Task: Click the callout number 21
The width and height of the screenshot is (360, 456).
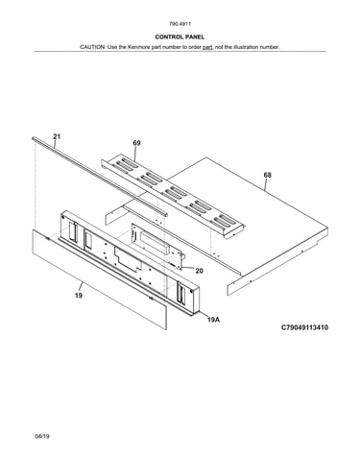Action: [x=57, y=136]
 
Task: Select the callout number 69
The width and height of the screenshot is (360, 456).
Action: [x=136, y=143]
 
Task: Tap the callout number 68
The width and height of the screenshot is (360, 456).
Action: [x=267, y=175]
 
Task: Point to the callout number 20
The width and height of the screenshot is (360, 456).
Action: [x=199, y=271]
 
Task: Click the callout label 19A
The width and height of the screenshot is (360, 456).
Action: [x=213, y=319]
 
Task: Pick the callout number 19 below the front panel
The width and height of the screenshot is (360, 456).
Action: [x=79, y=295]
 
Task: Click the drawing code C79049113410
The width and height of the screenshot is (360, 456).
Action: [x=304, y=327]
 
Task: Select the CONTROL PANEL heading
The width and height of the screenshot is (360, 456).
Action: [x=180, y=37]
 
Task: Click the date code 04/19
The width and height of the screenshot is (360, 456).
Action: [x=42, y=436]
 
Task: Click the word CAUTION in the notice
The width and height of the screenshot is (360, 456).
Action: [x=92, y=47]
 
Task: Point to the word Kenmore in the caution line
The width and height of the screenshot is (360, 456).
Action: [x=139, y=47]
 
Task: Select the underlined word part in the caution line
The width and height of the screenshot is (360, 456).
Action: [x=207, y=47]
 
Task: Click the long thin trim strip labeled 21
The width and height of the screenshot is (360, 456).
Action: [x=100, y=177]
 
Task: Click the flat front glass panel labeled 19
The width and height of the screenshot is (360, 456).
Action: [x=99, y=279]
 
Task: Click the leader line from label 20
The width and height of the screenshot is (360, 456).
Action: [x=188, y=268]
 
